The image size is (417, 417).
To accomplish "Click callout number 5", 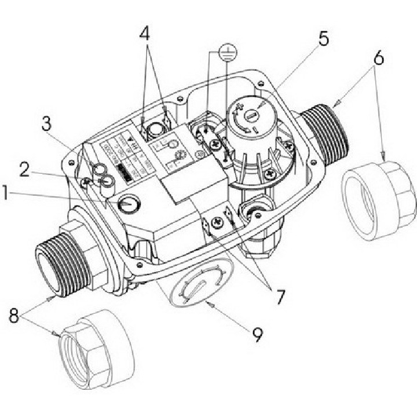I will [323, 39].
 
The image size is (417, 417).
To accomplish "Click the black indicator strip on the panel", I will [122, 171].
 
